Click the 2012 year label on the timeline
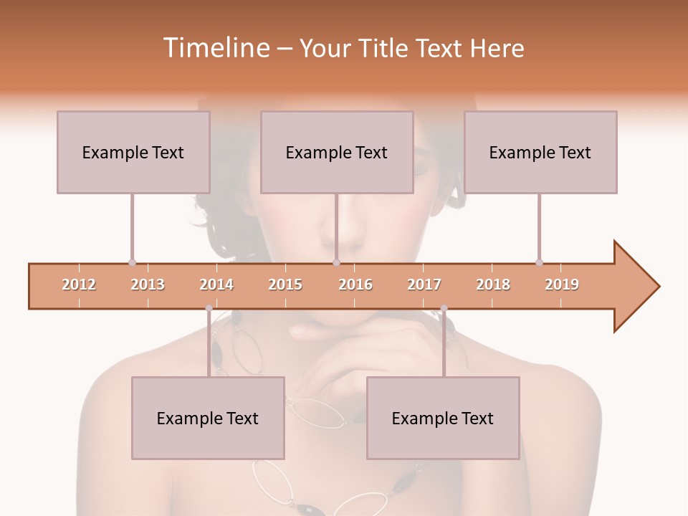(79, 285)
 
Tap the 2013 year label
(148, 285)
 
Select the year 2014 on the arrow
(216, 285)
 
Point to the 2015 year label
(285, 285)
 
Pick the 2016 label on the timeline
(355, 285)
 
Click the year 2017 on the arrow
(424, 285)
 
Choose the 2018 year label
(493, 285)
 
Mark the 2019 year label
(562, 285)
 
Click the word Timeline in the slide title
(215, 48)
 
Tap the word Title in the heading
(383, 48)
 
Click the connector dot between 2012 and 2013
(132, 262)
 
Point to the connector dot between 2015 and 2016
(336, 262)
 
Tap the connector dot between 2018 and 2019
(539, 262)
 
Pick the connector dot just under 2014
(209, 309)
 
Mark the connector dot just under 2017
(444, 309)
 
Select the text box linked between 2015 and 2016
(337, 152)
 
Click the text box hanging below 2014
(208, 418)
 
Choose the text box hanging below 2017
(443, 418)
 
